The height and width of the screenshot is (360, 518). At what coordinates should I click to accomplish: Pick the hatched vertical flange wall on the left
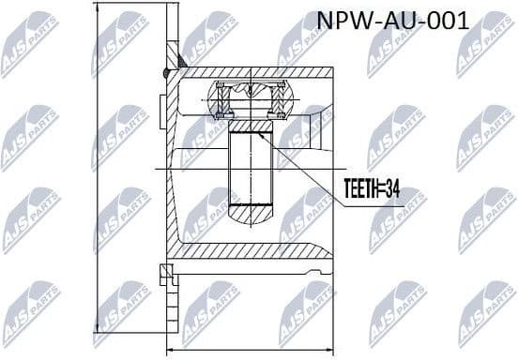pos(172,169)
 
